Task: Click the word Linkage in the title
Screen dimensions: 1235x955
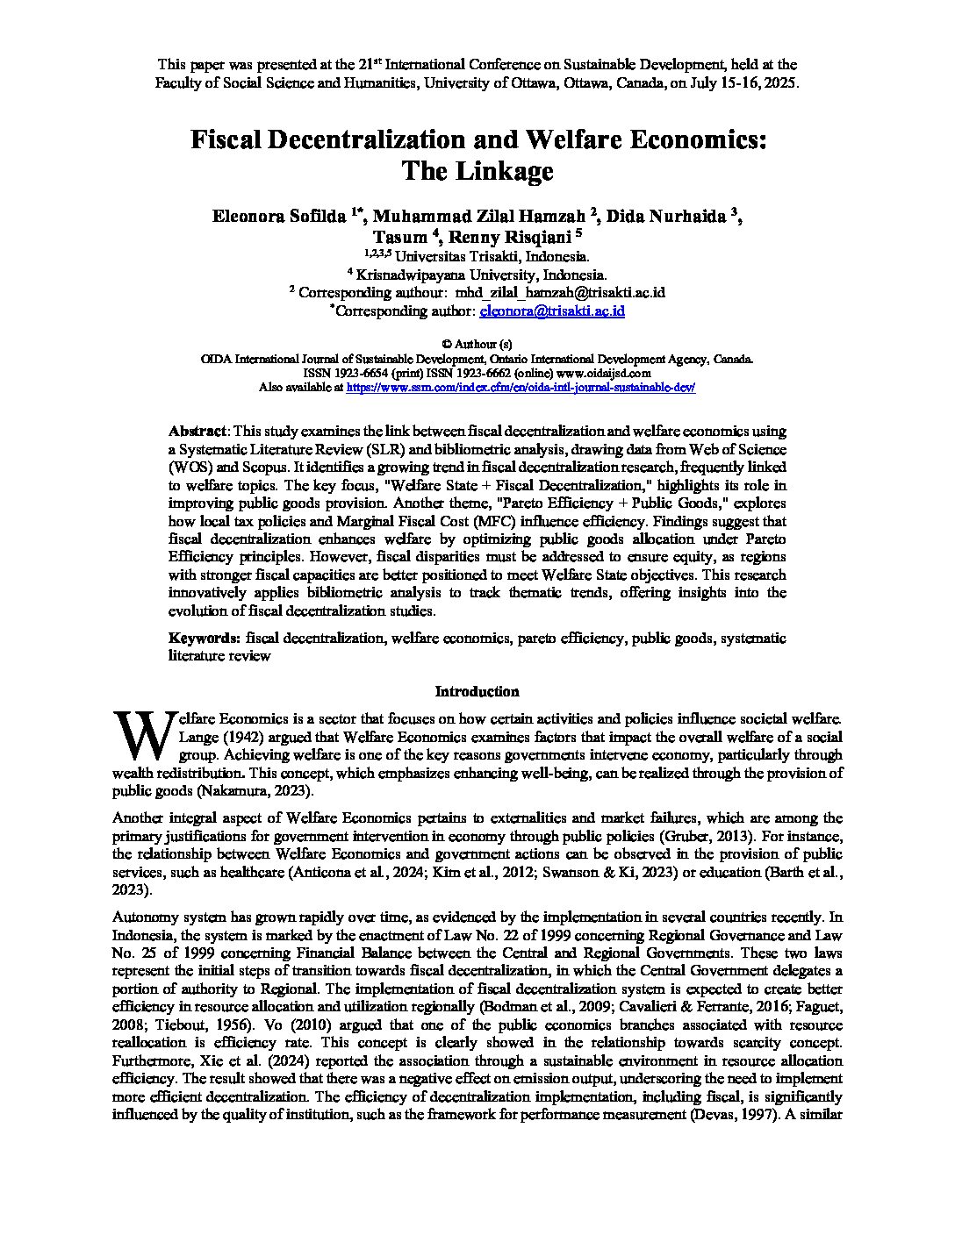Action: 503,170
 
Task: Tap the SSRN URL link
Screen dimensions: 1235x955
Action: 521,387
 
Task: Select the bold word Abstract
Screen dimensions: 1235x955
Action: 197,432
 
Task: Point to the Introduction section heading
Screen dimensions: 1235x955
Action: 477,691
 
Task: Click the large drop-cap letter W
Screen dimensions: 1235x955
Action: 143,736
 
